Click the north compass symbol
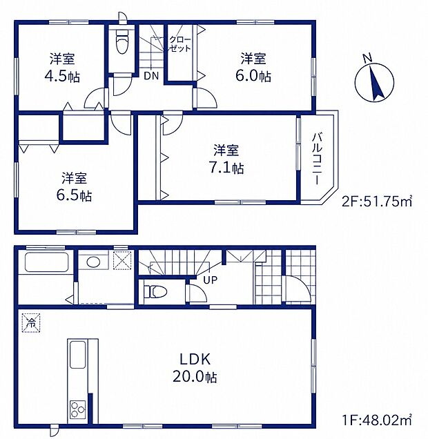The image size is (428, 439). pos(375,82)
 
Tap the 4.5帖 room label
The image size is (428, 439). pos(62,68)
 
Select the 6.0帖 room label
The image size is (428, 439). pos(253,68)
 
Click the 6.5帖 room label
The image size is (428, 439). pos(74,187)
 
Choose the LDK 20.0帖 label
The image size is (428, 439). pos(195,368)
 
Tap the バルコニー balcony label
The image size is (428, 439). pos(317,159)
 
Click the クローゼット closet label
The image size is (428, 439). pos(180,44)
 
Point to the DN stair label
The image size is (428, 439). pos(151,76)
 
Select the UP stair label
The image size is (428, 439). pos(211,280)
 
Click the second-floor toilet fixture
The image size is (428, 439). pos(121,41)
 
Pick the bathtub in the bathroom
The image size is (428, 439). pos(46,262)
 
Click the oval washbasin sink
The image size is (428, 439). pos(93,262)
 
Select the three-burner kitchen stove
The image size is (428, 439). pos(78,409)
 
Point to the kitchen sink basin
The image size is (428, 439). pos(77,355)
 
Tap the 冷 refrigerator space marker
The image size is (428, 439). pos(31,323)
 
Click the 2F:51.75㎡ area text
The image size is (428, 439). pos(377,202)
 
